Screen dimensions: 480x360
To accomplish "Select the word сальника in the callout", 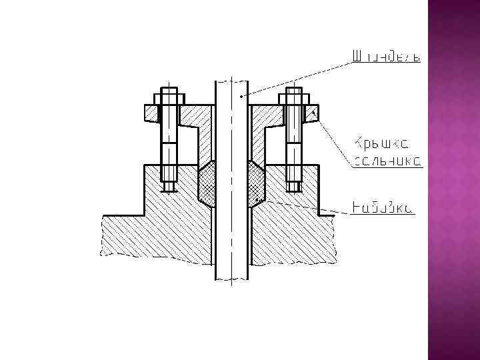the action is pyautogui.click(x=386, y=161).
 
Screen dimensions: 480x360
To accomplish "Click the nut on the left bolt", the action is pyautogui.click(x=169, y=99).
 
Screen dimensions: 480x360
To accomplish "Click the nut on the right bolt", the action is pyautogui.click(x=293, y=99).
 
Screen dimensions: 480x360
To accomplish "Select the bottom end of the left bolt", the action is pyautogui.click(x=169, y=187).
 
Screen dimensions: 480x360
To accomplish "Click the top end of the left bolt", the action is pyautogui.click(x=169, y=89).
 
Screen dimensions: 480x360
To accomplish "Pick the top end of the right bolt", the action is pyautogui.click(x=293, y=89).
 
